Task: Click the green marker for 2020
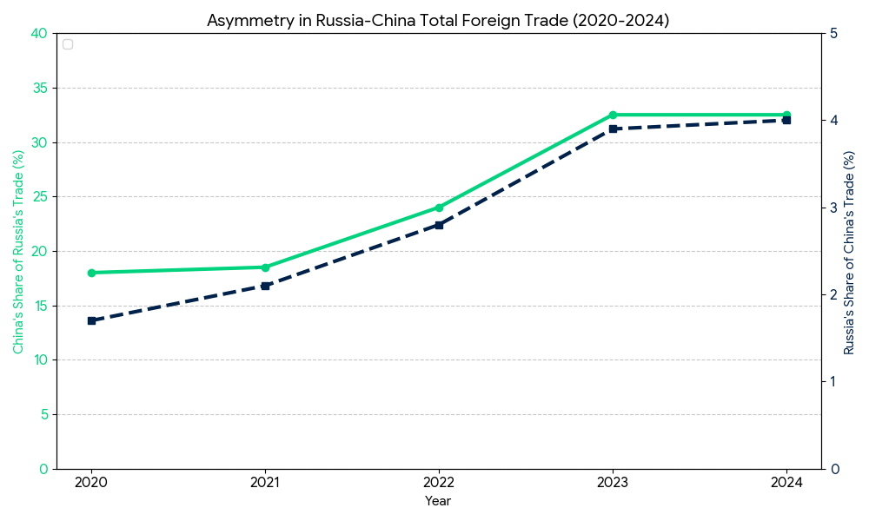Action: click(91, 273)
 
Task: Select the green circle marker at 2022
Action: click(439, 208)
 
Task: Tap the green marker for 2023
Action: click(613, 115)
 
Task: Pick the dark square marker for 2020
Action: click(91, 320)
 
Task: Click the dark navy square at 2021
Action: click(265, 285)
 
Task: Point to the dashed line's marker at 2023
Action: click(613, 129)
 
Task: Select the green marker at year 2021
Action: click(265, 267)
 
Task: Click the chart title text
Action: click(438, 20)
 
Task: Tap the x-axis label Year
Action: click(438, 501)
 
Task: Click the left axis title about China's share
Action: click(18, 252)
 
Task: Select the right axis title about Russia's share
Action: click(849, 252)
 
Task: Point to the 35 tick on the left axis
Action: click(39, 88)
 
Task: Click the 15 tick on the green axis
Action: click(39, 306)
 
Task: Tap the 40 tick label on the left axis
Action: click(39, 34)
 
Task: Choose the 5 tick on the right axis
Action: click(834, 34)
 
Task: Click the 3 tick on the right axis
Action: click(834, 208)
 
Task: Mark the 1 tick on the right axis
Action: click(834, 382)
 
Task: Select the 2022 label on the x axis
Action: click(439, 483)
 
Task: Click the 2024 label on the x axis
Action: click(786, 483)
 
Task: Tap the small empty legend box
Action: click(68, 44)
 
